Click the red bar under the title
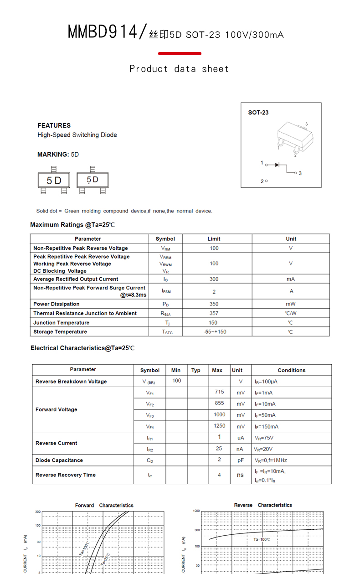(x=180, y=54)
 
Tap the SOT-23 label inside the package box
(x=258, y=113)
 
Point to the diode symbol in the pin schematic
(x=277, y=165)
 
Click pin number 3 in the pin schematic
(x=300, y=173)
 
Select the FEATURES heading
(x=54, y=125)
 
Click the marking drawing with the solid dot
(x=93, y=180)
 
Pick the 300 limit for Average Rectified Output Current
(x=214, y=279)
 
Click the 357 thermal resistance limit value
(x=214, y=313)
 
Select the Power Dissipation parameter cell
(x=56, y=304)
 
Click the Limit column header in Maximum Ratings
(x=214, y=239)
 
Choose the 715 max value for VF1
(x=219, y=392)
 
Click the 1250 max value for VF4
(x=219, y=426)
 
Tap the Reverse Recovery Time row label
(x=66, y=475)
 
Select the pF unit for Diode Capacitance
(x=241, y=460)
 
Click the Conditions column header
(x=291, y=370)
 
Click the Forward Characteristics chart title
(x=104, y=505)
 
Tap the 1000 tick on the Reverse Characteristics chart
(x=196, y=511)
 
